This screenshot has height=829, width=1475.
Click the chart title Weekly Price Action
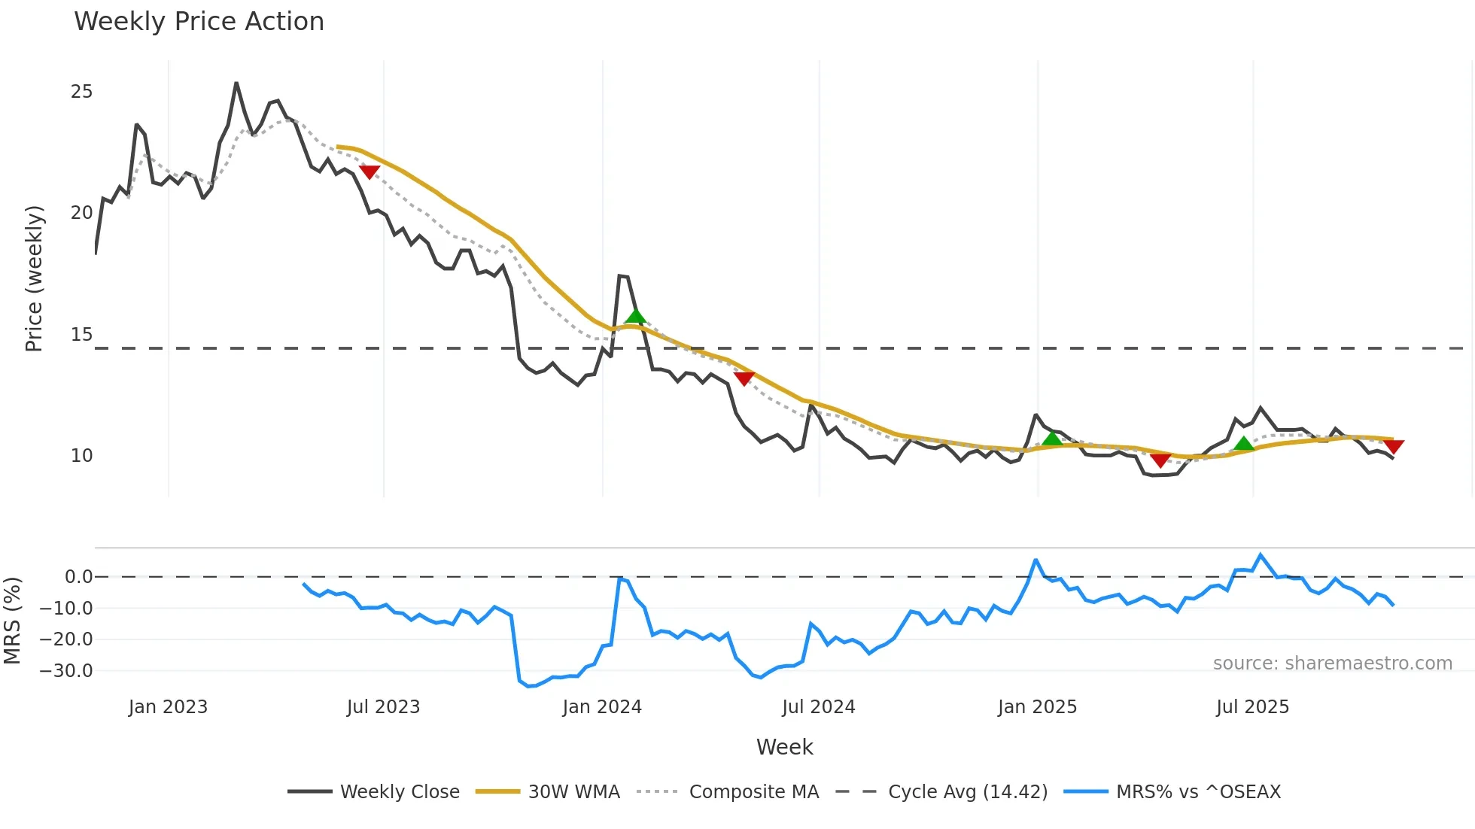199,22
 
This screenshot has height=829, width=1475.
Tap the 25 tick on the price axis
81,92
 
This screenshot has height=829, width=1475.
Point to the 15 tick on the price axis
81,335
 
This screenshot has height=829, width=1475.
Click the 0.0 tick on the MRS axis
78,577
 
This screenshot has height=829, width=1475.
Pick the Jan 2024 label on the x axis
602,707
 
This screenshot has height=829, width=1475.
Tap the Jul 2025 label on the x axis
1252,707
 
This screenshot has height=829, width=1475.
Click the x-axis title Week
784,747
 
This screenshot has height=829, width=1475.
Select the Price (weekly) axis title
34,278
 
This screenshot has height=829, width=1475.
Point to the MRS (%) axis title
12,621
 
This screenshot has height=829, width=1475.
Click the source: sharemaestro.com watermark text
1332,664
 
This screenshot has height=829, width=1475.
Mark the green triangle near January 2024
636,316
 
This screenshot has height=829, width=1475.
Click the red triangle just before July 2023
369,172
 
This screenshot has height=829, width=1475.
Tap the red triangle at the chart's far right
1394,447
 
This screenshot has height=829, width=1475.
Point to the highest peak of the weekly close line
236,83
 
